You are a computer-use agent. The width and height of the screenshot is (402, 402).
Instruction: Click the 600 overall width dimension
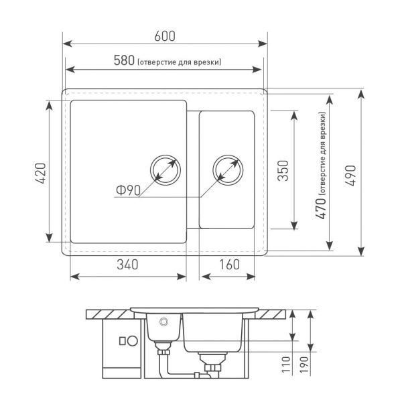pyautogui.click(x=165, y=36)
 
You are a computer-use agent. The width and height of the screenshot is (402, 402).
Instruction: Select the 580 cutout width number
pyautogui.click(x=124, y=61)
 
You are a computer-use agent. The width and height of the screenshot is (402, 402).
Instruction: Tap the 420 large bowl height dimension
pyautogui.click(x=40, y=174)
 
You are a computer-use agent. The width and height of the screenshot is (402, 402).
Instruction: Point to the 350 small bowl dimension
pyautogui.click(x=283, y=170)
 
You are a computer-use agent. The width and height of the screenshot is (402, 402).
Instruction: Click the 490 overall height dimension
pyautogui.click(x=350, y=176)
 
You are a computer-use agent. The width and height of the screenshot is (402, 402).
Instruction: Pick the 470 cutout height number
pyautogui.click(x=321, y=208)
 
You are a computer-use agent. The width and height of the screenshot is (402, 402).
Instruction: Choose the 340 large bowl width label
pyautogui.click(x=127, y=265)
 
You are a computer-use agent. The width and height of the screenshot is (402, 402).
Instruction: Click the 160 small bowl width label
pyautogui.click(x=229, y=265)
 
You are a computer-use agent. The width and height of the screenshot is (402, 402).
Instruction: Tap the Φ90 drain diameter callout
pyautogui.click(x=128, y=190)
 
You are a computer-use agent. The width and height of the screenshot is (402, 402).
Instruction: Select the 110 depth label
pyautogui.click(x=286, y=364)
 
